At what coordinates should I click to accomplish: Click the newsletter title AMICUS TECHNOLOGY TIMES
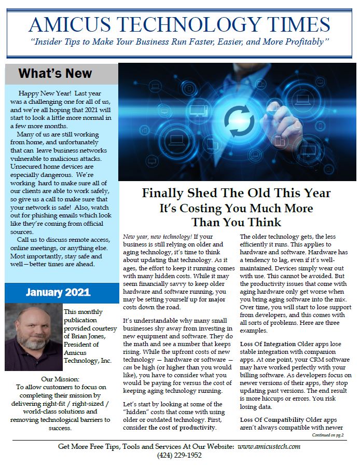pos(179,24)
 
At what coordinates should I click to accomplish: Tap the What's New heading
pos(55,73)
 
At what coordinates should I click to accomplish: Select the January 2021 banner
pos(58,292)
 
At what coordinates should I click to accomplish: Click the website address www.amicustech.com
pos(270,446)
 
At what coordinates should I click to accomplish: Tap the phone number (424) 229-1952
pos(179,456)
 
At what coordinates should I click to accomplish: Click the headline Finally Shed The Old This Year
pos(236,194)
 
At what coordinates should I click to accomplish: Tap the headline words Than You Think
pos(236,223)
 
